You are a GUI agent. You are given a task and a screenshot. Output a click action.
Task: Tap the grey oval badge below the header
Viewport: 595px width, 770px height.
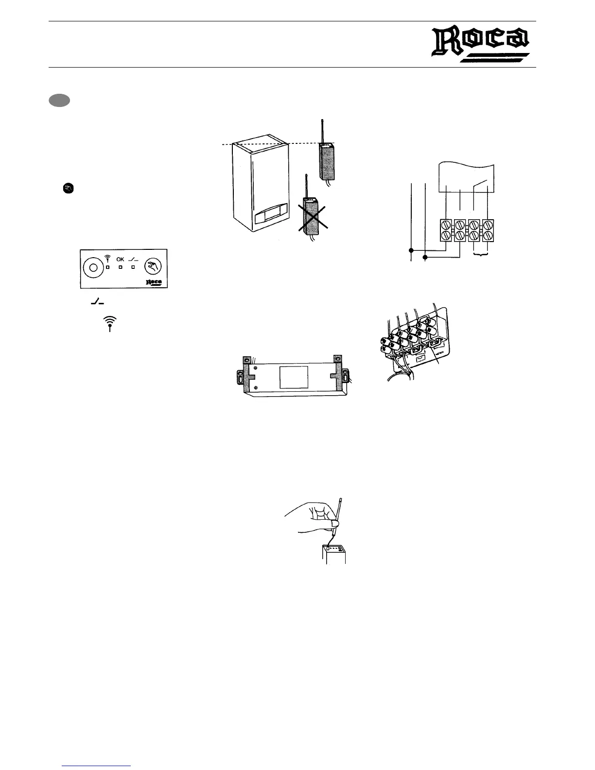[59, 101]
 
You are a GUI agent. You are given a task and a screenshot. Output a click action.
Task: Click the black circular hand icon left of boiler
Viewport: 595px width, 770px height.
[69, 189]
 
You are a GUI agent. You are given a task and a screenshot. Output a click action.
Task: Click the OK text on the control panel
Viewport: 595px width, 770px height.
[120, 259]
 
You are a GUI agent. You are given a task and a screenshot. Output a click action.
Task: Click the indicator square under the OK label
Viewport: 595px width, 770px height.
[120, 268]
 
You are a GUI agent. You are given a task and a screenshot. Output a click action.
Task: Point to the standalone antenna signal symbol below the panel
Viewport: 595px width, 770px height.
[110, 324]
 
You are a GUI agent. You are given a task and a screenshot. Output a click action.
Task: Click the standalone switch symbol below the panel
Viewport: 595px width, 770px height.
[97, 303]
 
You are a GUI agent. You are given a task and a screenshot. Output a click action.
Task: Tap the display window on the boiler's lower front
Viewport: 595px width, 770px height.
[266, 215]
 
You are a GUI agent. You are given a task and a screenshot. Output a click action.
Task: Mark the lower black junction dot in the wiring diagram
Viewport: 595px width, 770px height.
[425, 256]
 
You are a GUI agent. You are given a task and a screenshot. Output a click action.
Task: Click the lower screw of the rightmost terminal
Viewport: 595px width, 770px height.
[488, 237]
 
